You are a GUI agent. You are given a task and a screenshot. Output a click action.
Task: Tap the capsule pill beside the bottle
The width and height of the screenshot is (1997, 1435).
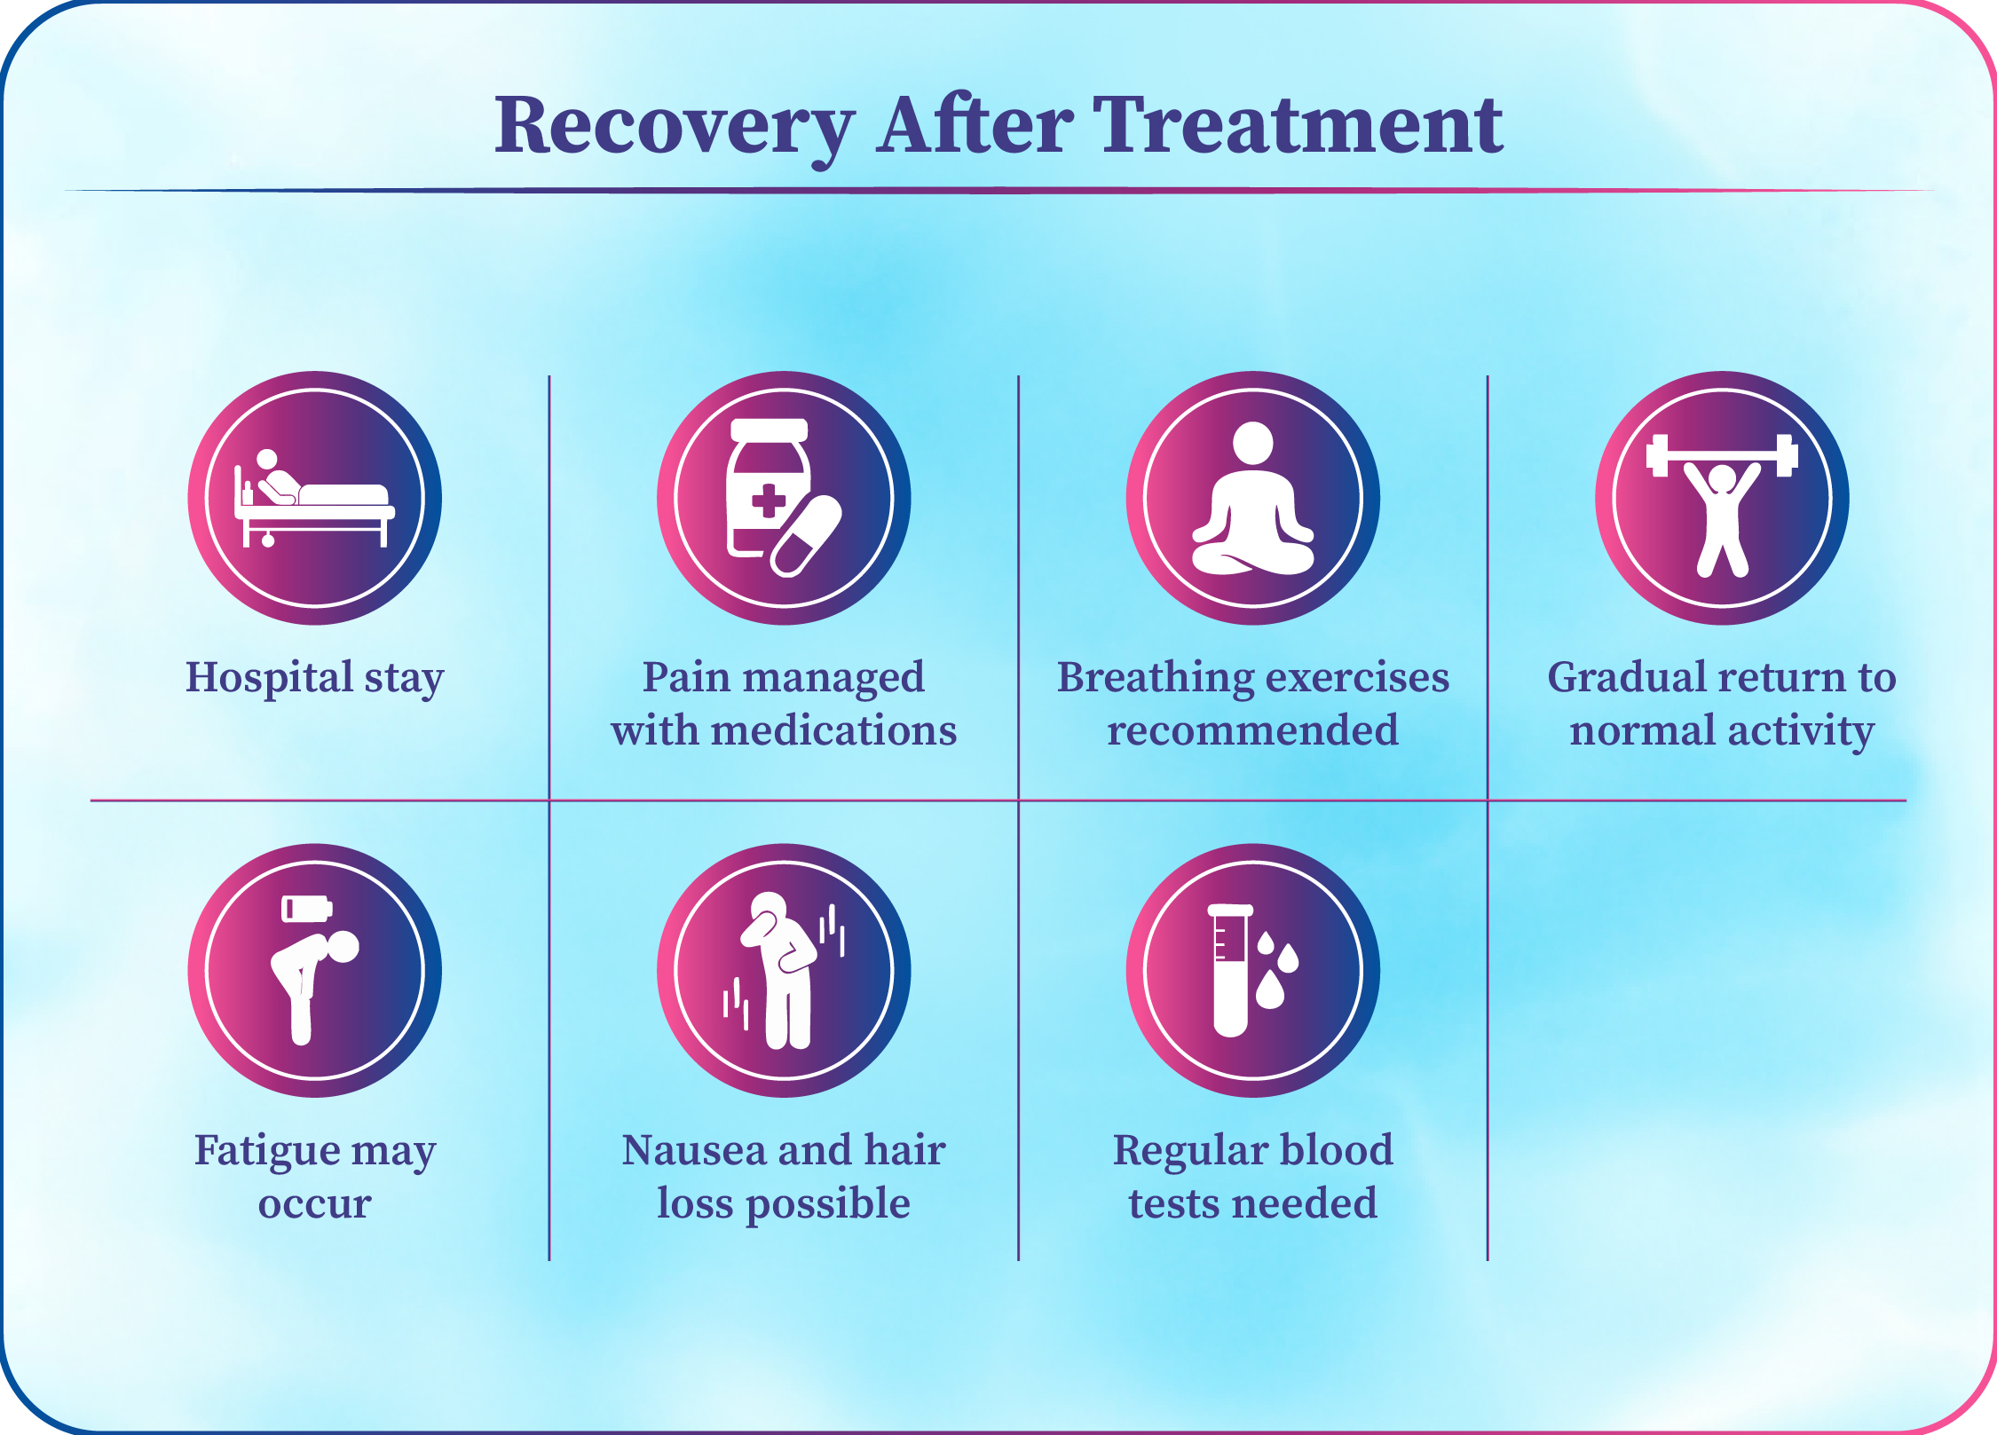pos(806,536)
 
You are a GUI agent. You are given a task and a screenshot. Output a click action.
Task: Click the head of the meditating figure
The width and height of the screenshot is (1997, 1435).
pos(1253,442)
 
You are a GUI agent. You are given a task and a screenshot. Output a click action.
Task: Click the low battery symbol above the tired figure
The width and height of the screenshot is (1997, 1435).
pos(307,909)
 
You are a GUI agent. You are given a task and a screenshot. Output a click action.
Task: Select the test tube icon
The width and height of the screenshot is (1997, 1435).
pos(1230,970)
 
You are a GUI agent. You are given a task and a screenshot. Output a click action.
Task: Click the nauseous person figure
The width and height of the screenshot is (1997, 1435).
pos(782,970)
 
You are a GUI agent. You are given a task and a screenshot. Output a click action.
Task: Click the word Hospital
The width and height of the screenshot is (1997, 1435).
pos(270,677)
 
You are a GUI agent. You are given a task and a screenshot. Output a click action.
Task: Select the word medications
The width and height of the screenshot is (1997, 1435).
pos(834,730)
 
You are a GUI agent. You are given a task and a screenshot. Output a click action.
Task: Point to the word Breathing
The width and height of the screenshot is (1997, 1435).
pos(1154,679)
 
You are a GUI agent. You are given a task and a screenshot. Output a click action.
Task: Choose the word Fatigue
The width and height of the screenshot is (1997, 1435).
pos(267,1151)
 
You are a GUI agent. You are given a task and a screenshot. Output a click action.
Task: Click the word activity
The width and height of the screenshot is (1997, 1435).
pos(1801,731)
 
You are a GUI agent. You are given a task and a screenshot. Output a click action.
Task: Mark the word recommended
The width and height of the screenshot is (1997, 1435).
pos(1252,730)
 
